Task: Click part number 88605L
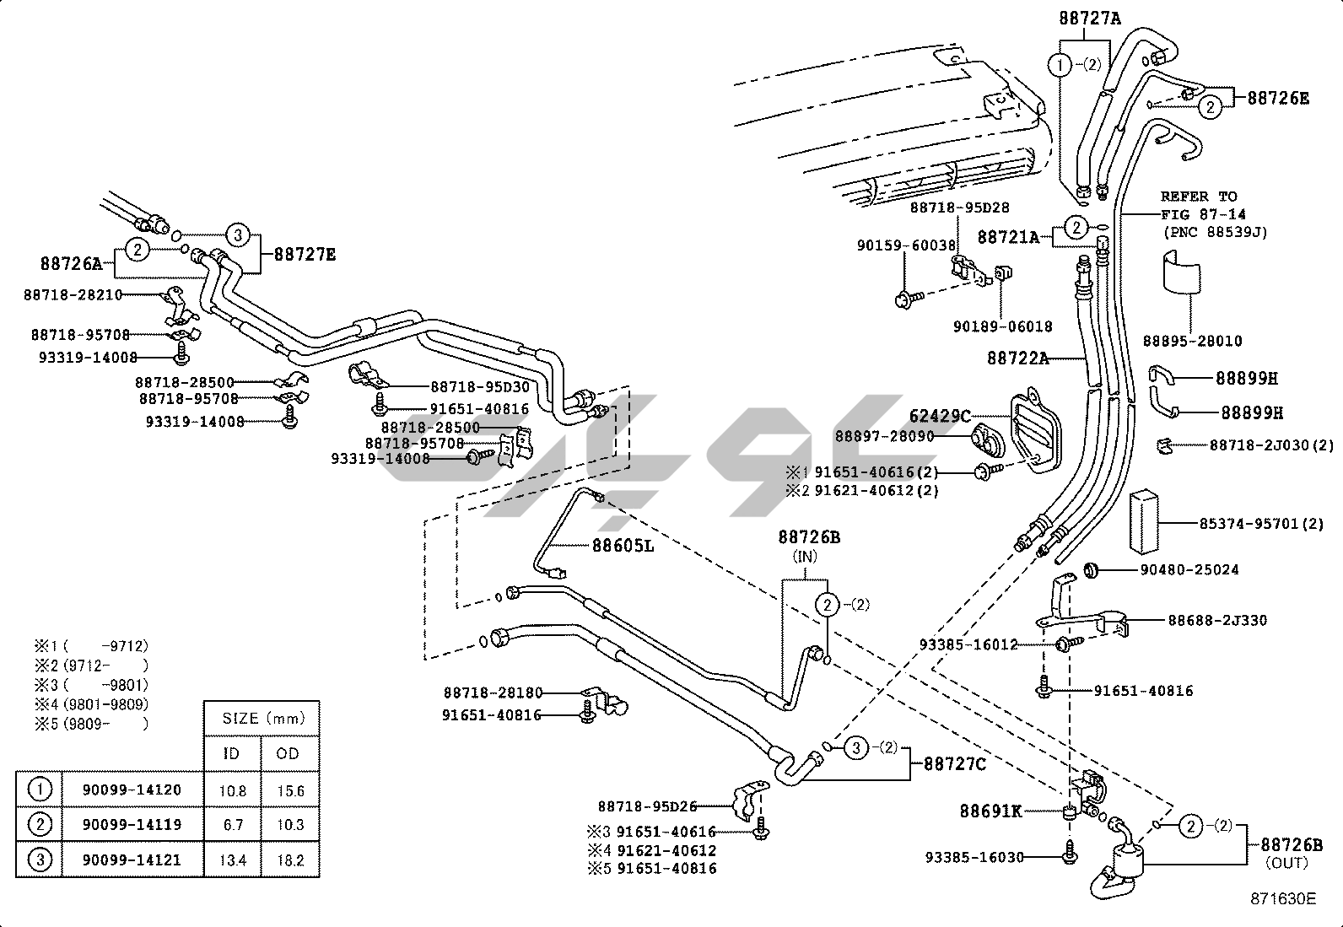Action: click(623, 546)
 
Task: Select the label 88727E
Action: click(305, 254)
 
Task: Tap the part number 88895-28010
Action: click(1192, 341)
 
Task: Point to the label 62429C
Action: click(940, 416)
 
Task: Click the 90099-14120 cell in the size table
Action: click(131, 790)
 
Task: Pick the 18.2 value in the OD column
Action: click(289, 860)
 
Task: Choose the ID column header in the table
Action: click(231, 753)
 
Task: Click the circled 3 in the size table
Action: click(40, 860)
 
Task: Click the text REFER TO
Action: click(1198, 197)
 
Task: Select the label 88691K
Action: click(990, 811)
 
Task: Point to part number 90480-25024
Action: click(1189, 570)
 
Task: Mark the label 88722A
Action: click(1017, 358)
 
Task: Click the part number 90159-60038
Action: click(906, 245)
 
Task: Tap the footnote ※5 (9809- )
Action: click(91, 723)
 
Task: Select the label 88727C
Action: click(954, 764)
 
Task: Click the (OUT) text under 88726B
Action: click(1286, 863)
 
